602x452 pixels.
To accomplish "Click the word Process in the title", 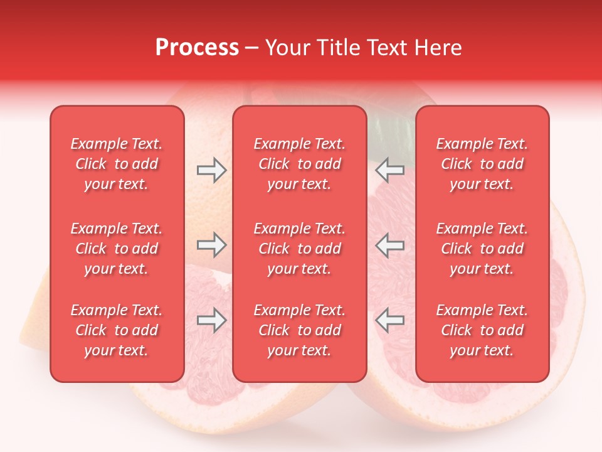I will [x=197, y=48].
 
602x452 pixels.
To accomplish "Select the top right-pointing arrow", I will [x=211, y=170].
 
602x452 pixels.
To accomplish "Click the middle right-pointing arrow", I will [x=211, y=245].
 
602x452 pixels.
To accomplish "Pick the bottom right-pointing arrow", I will [x=211, y=320].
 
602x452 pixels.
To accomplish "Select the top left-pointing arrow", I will [x=389, y=170].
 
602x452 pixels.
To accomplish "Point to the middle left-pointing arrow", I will [x=389, y=245].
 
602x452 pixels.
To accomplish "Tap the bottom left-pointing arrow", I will [x=389, y=320].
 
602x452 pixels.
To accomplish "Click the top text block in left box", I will [x=117, y=164].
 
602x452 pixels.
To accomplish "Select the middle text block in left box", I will [x=117, y=249].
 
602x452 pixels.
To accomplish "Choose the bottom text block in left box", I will [x=117, y=330].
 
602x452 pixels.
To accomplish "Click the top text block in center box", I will [x=300, y=164].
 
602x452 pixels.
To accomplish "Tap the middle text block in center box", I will [x=300, y=249].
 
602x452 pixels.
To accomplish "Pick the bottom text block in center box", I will [x=300, y=330].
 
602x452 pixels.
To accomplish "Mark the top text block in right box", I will [x=482, y=164].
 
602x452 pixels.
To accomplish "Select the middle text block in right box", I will [x=482, y=249].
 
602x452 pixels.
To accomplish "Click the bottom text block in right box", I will [x=482, y=330].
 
